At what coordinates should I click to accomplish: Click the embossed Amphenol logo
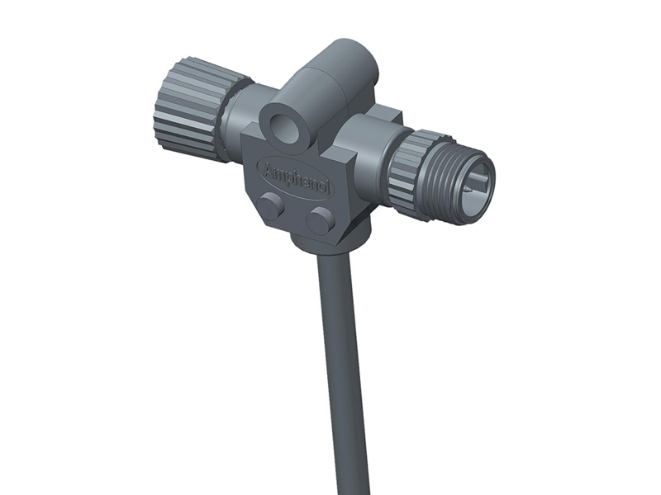pyautogui.click(x=296, y=176)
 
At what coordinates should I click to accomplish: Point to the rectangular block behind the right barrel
pyautogui.click(x=384, y=115)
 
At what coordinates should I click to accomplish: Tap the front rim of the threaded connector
pyautogui.click(x=487, y=165)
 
